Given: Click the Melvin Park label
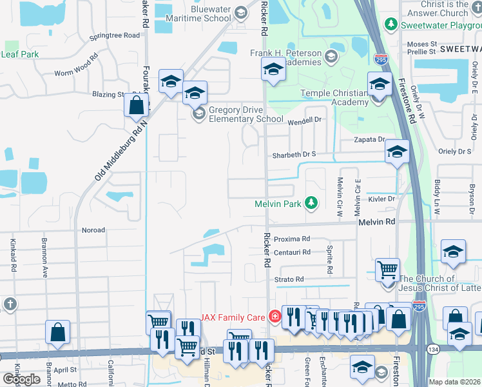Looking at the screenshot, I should pos(278,204).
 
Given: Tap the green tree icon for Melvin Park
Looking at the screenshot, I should pos(311,204).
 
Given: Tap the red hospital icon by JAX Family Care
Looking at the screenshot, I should pos(275,317).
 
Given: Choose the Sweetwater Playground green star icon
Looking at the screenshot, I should pos(390,25).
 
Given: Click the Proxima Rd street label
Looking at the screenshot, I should pos(292,239).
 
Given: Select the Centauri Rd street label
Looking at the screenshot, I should pos(292,252).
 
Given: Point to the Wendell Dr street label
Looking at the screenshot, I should pos(304,121).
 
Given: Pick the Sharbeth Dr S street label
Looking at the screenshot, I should pos(294,155).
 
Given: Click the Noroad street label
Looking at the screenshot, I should pos(93,230).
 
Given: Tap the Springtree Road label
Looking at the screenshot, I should pos(115,35).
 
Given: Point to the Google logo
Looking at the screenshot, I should pos(22,379).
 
